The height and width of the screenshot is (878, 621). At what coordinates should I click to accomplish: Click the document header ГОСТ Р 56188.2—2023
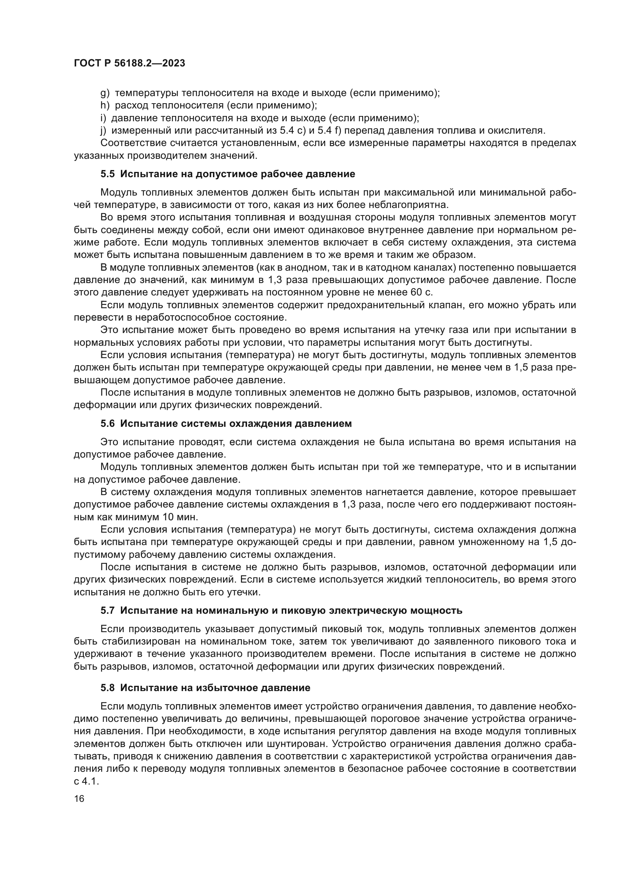point(129,63)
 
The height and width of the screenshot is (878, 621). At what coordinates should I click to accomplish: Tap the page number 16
point(79,799)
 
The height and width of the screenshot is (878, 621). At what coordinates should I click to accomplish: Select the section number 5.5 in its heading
point(107,174)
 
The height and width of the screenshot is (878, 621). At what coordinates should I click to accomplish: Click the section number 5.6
point(107,424)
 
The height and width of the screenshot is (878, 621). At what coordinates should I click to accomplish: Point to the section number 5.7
point(107,611)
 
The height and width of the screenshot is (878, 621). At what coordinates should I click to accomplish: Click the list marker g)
point(105,93)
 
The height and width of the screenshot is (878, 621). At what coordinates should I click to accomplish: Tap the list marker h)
point(105,105)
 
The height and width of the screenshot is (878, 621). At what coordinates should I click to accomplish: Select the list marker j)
point(103,130)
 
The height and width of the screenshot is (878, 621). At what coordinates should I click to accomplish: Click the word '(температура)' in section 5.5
point(259,355)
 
